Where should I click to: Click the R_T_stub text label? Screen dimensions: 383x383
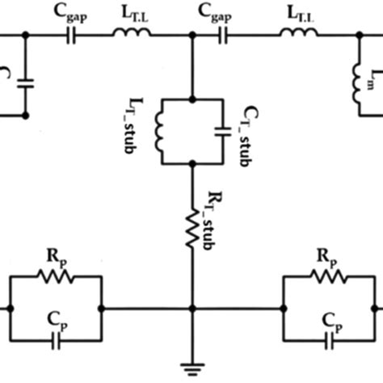[207, 213]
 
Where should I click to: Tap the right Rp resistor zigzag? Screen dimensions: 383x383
[327, 277]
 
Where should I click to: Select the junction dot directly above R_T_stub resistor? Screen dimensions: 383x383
[191, 164]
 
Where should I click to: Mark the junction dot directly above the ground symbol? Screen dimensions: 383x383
[191, 308]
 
